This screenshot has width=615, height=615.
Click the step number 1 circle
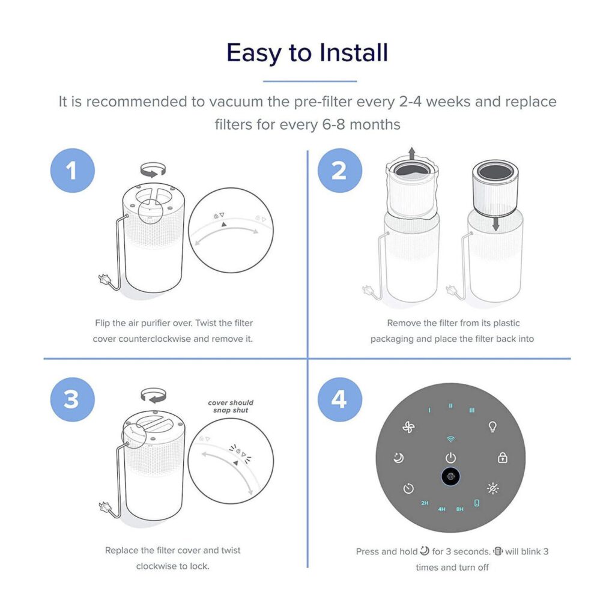pyautogui.click(x=73, y=171)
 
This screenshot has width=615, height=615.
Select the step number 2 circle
pyautogui.click(x=340, y=171)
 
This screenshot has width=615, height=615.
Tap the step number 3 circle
pyautogui.click(x=73, y=399)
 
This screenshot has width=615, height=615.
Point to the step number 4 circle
pyautogui.click(x=340, y=399)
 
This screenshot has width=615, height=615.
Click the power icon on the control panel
pyautogui.click(x=450, y=458)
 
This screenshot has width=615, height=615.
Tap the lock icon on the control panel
pyautogui.click(x=503, y=457)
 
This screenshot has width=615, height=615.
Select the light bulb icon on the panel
pyautogui.click(x=492, y=426)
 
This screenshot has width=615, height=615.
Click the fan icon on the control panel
pyautogui.click(x=408, y=427)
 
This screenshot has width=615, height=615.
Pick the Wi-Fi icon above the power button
pyautogui.click(x=450, y=439)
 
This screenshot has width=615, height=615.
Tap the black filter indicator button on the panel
pyautogui.click(x=450, y=476)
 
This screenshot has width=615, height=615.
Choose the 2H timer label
pyautogui.click(x=425, y=503)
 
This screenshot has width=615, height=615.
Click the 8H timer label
pyautogui.click(x=459, y=509)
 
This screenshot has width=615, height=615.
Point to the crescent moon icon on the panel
pyautogui.click(x=399, y=458)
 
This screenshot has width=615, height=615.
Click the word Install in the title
pyautogui.click(x=353, y=53)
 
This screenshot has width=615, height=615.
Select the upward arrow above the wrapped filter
pyautogui.click(x=411, y=153)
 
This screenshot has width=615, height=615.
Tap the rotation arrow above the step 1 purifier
pyautogui.click(x=153, y=170)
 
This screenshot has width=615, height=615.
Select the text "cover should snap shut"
pyautogui.click(x=231, y=407)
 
